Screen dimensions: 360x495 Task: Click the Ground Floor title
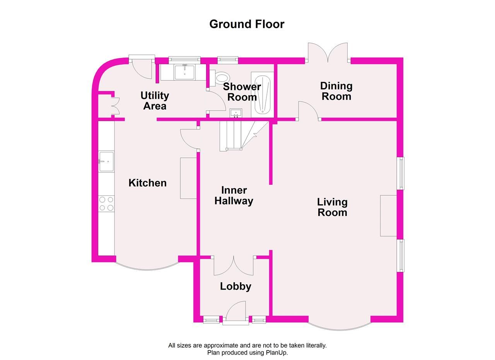247,24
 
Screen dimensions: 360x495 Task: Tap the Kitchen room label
147,183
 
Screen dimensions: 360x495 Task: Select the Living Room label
332,207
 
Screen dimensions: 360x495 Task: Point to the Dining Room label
336,91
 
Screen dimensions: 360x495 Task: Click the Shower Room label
242,92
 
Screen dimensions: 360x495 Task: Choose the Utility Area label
155,101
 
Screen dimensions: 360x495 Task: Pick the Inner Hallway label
234,195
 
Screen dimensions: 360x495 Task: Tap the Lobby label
236,286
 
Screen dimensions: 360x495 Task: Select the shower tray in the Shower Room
262,94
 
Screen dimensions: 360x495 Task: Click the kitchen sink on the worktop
106,161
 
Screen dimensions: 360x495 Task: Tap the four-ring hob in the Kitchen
106,204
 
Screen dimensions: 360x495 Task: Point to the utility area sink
184,72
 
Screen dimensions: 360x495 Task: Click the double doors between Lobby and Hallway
234,266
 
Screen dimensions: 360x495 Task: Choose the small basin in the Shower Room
236,113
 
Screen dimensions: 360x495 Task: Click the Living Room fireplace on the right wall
389,215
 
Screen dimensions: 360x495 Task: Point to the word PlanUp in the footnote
277,352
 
